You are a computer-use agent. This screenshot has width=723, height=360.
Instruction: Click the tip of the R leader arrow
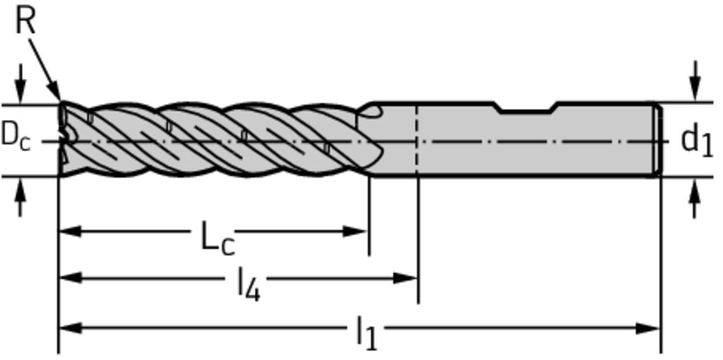(61, 100)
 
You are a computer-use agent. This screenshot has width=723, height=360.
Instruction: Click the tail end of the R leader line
(30, 39)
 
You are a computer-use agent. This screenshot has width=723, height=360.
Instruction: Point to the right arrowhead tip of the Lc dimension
(367, 231)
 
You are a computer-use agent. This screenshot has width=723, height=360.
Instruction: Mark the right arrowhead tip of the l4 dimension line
(417, 278)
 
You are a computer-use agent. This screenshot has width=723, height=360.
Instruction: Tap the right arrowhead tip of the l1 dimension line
(660, 328)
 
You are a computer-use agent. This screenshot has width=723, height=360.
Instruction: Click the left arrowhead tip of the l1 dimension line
(59, 328)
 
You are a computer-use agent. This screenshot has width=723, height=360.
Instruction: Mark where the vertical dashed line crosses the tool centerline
(417, 141)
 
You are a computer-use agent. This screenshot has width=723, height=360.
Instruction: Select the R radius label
(25, 21)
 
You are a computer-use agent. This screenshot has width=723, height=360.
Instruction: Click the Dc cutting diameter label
(16, 137)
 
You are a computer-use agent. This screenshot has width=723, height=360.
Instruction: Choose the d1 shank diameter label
(697, 141)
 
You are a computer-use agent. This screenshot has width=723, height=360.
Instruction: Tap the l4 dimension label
(249, 285)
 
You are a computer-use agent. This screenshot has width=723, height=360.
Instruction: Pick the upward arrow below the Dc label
(20, 197)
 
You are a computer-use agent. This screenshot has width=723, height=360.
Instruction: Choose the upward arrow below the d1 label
(695, 197)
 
